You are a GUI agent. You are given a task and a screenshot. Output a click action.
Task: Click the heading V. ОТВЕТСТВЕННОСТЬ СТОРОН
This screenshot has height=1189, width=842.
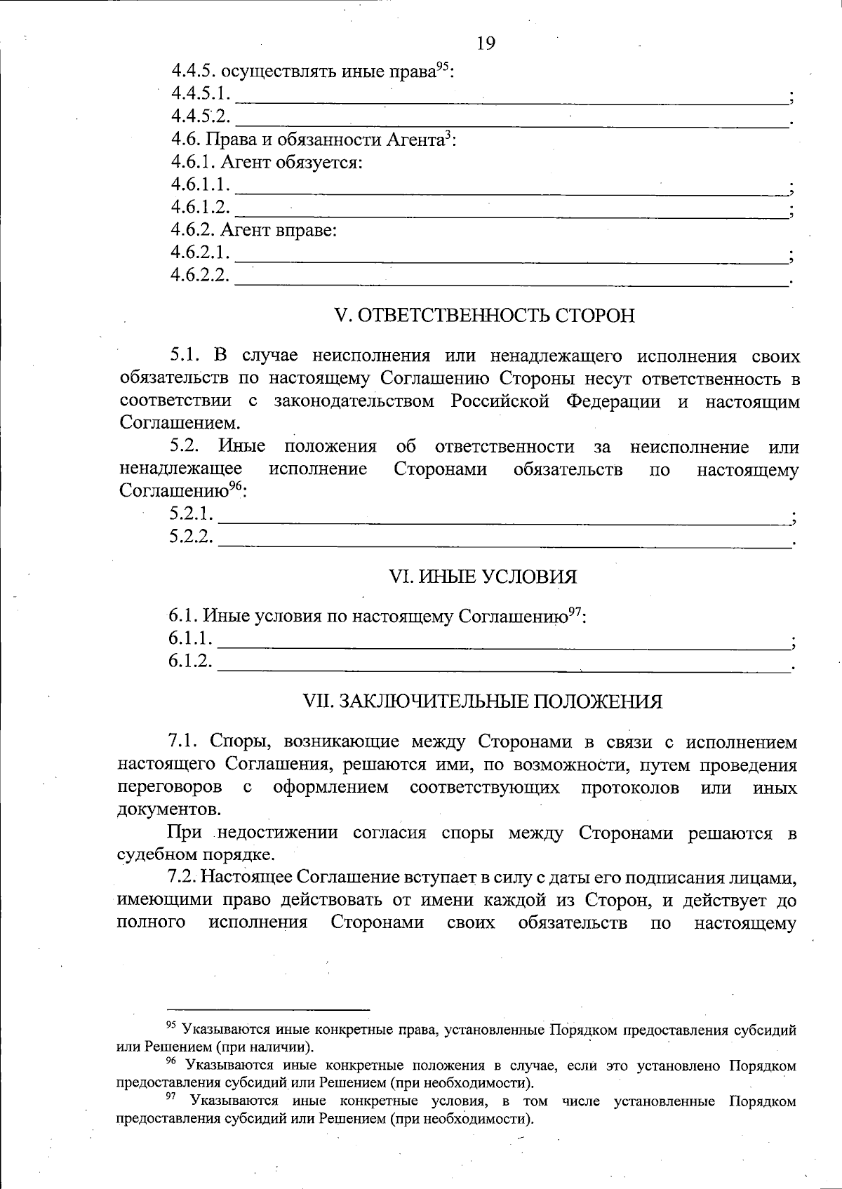coord(486,316)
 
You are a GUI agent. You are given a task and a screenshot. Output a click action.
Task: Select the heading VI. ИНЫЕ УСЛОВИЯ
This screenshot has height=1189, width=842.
coord(483,577)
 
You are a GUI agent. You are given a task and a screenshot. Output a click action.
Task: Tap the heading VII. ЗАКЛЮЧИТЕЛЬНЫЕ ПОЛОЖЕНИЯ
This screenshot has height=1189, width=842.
coord(482,701)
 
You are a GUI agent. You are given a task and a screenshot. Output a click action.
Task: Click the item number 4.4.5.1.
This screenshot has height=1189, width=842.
coord(201,93)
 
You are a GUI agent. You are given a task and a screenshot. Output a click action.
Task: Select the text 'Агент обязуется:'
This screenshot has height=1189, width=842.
coord(292,163)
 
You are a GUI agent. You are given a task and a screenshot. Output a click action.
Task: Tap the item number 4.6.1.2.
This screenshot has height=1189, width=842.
coord(201,207)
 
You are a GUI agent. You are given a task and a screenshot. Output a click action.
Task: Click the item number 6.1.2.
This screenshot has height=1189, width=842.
coord(190,661)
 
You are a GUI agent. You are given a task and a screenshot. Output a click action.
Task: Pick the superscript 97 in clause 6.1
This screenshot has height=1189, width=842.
coord(575,612)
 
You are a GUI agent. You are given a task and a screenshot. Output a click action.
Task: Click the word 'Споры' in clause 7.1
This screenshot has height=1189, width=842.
coord(237,742)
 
